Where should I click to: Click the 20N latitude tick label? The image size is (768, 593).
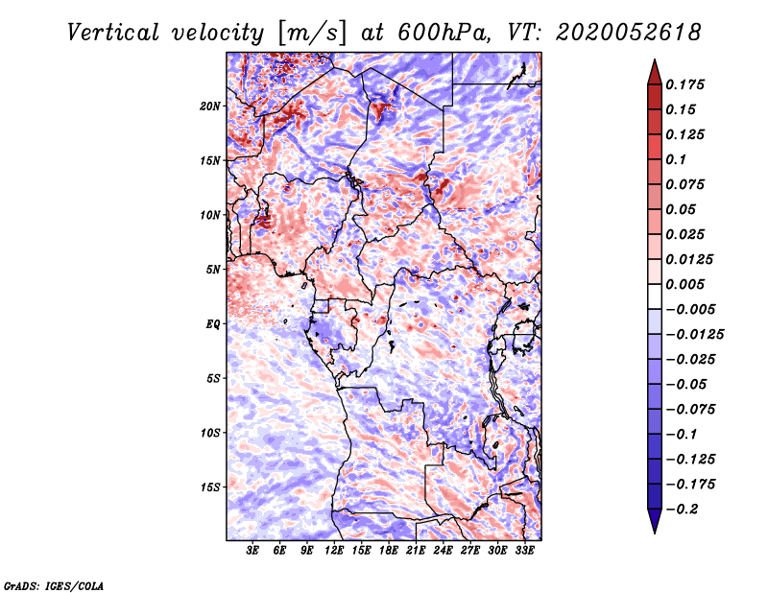[209, 107]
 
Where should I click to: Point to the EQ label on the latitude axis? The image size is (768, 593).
[212, 324]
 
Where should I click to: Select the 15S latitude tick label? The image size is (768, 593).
[209, 487]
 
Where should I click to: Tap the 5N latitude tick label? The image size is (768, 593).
[212, 270]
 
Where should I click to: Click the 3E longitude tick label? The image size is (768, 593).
[252, 550]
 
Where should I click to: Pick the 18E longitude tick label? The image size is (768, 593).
[389, 550]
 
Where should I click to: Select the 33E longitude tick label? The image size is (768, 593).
[524, 550]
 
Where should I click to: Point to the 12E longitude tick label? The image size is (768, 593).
[334, 550]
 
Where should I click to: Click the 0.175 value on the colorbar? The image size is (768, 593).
[684, 84]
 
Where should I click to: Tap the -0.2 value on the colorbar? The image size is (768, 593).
[682, 510]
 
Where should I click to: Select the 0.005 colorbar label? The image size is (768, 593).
[684, 284]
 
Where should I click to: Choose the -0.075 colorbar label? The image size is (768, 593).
[690, 410]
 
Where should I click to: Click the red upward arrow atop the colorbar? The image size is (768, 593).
[655, 73]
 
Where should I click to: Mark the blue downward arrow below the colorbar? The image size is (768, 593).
[655, 521]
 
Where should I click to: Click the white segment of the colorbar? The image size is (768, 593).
[655, 296]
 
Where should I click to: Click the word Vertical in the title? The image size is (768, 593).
[113, 33]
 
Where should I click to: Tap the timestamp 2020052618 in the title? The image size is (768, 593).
[628, 33]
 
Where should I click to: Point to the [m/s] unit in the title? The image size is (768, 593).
[312, 33]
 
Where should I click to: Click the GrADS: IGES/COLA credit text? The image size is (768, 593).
[54, 586]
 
